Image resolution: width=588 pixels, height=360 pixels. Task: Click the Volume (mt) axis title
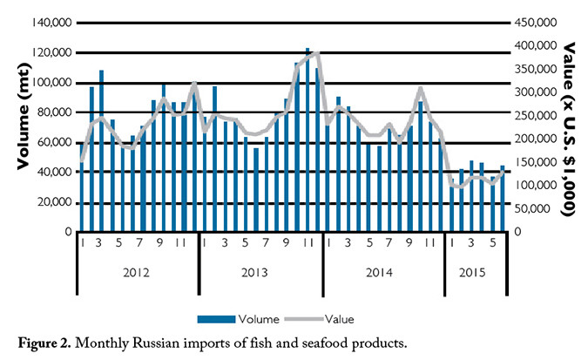pos(24,126)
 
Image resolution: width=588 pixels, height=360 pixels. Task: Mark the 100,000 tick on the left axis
pos(54,83)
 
